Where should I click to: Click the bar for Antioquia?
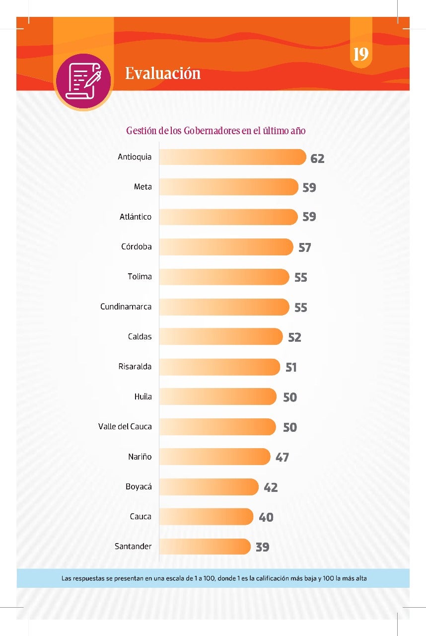coord(232,157)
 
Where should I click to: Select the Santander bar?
coord(205,547)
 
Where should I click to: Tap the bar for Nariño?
coord(214,457)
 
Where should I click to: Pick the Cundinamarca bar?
coord(224,307)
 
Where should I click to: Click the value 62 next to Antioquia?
coord(317,159)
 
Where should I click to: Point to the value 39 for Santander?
coord(262,547)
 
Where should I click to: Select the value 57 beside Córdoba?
coord(304,247)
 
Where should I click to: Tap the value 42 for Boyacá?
coord(271,487)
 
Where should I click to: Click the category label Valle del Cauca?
coord(125,427)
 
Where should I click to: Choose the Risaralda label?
coord(135,367)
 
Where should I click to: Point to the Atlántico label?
coord(136,217)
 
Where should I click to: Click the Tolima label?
coord(140,277)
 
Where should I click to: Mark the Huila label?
coord(143,397)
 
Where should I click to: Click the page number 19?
coord(361,54)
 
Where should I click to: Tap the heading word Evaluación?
coord(163,74)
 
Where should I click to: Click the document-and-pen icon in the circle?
coord(83,81)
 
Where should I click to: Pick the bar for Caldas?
coord(221,337)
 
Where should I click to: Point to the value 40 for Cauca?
coord(266,517)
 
